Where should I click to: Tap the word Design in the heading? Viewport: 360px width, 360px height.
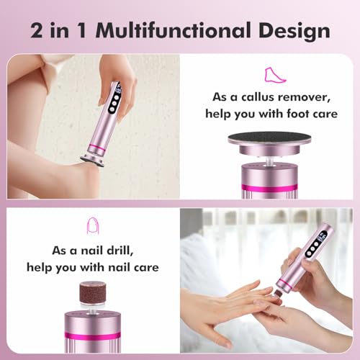pos(294,30)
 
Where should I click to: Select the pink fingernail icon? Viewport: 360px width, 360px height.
pos(92,226)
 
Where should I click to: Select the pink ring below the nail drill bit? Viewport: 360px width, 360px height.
pos(92,335)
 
